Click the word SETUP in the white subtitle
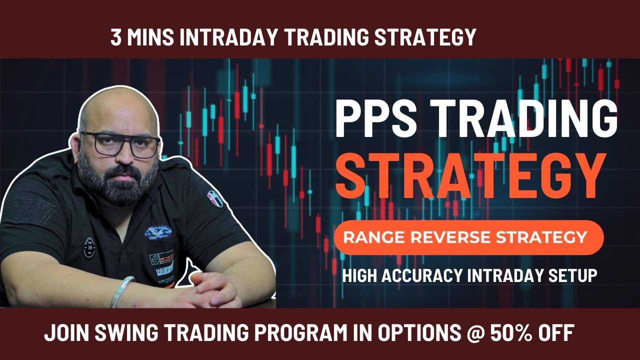pos(574,275)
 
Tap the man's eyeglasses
pos(120,143)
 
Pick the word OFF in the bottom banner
pos(554,333)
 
